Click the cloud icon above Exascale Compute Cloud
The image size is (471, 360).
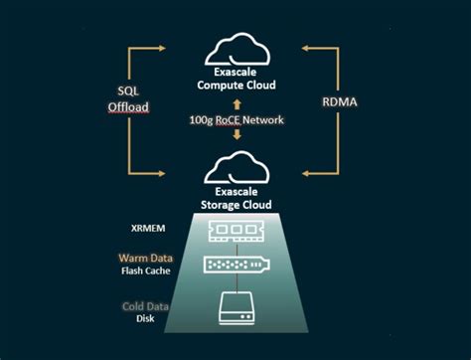pos(236,49)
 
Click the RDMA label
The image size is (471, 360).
pos(340,100)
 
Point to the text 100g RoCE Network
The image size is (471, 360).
pos(236,120)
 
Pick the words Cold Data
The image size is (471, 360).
pos(145,307)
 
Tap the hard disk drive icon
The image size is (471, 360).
pos(236,312)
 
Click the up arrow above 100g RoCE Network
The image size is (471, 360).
pos(236,102)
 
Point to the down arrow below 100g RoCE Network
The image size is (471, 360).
pos(236,138)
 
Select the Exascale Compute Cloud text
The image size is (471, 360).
pos(236,80)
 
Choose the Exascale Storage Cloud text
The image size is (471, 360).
pos(236,199)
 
